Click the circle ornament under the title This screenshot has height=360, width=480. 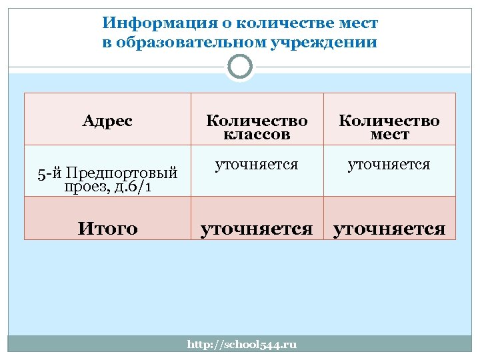pyautogui.click(x=240, y=67)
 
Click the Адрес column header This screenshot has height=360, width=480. pyautogui.click(x=107, y=121)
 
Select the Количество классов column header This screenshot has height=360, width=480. pyautogui.click(x=257, y=127)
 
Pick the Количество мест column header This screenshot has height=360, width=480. pyautogui.click(x=389, y=127)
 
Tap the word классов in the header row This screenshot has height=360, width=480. pyautogui.click(x=257, y=135)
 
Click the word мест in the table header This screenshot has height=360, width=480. pyautogui.click(x=389, y=135)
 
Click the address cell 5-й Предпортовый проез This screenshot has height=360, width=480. pyautogui.click(x=107, y=179)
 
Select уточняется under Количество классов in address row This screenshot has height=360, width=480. pyautogui.click(x=257, y=164)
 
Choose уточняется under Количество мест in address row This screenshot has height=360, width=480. pyautogui.click(x=389, y=164)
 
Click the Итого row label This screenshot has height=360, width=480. pyautogui.click(x=107, y=229)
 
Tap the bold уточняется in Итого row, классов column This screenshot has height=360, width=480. pyautogui.click(x=257, y=229)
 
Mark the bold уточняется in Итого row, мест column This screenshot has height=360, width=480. pyautogui.click(x=389, y=229)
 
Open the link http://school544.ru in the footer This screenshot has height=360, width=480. pyautogui.click(x=241, y=344)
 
